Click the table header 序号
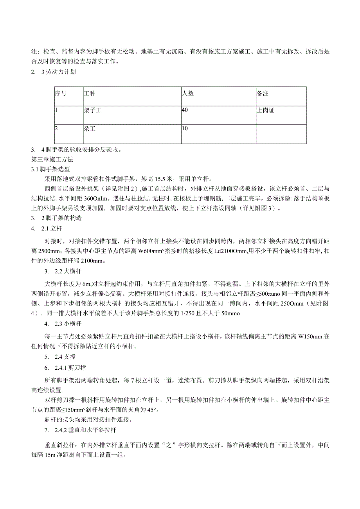(60, 94)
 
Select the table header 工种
(90, 94)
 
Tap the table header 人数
(188, 94)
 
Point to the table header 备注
(263, 94)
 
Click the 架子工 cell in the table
(93, 111)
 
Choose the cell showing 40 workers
(185, 110)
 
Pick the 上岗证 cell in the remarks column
(266, 111)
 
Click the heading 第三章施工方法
(52, 160)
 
